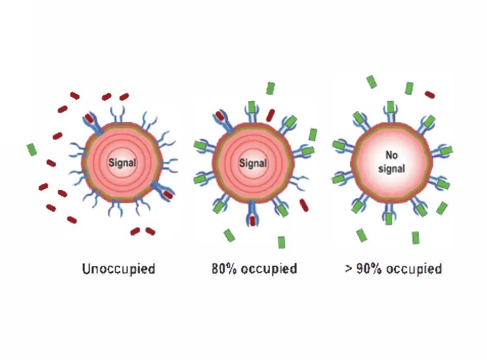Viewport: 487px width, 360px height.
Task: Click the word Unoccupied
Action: click(118, 269)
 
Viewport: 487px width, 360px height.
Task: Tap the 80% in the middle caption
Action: click(224, 269)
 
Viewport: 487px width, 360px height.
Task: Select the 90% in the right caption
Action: click(369, 269)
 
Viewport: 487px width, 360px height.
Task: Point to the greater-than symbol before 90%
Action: click(348, 269)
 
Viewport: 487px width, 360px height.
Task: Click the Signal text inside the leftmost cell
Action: click(122, 162)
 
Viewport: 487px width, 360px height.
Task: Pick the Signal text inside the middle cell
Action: click(253, 163)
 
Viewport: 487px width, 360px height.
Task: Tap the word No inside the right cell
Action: click(391, 155)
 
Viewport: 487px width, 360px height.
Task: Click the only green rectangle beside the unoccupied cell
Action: click(32, 149)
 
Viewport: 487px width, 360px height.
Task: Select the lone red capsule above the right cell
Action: click(430, 94)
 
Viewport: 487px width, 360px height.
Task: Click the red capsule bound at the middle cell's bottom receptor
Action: click(252, 220)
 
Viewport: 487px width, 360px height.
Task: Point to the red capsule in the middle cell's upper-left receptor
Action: click(220, 116)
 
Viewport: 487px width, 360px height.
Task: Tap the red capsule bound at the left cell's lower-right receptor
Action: click(168, 195)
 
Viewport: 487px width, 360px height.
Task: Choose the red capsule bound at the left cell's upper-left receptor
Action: click(89, 118)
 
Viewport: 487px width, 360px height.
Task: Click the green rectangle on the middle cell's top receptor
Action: click(252, 107)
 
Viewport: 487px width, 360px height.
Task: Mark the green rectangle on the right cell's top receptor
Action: click(390, 107)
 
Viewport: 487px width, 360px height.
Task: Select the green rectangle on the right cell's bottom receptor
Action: click(389, 218)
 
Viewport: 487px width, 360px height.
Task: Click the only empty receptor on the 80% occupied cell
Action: click(298, 182)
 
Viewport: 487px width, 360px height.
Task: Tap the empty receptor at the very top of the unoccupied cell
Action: click(118, 114)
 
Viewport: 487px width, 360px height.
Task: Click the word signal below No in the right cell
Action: click(391, 169)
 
